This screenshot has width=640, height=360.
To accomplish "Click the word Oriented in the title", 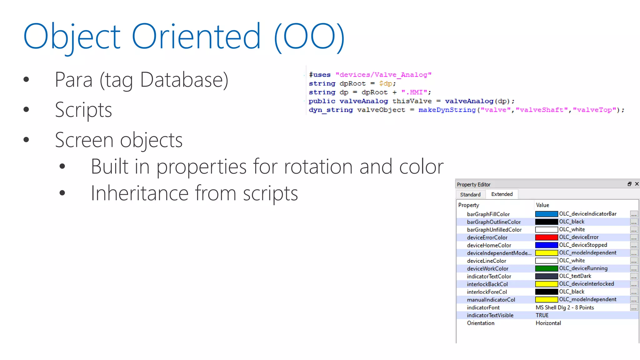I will tap(196, 37).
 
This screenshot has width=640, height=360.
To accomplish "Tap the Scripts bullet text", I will tap(83, 110).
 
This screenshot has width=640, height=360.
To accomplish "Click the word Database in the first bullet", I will tap(184, 80).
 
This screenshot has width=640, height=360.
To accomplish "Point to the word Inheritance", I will tap(139, 193).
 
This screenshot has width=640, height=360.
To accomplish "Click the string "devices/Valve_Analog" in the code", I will tap(383, 75).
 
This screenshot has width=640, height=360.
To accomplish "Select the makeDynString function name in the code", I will tap(447, 110).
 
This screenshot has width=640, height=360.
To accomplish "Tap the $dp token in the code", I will tap(386, 83).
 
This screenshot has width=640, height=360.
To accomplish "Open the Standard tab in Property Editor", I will tap(470, 194).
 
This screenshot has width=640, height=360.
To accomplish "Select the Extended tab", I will tap(502, 194).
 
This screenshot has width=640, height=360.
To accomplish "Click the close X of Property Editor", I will tap(637, 184).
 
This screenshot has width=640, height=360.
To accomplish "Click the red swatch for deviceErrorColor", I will tap(546, 237).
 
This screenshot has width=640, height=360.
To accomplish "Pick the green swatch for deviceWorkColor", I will tap(546, 268).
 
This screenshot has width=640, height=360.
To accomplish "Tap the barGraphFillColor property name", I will tap(488, 214).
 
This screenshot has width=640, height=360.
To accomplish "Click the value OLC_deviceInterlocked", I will tap(586, 284).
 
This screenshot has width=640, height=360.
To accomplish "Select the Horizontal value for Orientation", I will tap(548, 323).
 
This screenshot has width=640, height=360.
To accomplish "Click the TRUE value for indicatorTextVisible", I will tap(542, 315).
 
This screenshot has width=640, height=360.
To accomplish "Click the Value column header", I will tap(542, 205).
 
